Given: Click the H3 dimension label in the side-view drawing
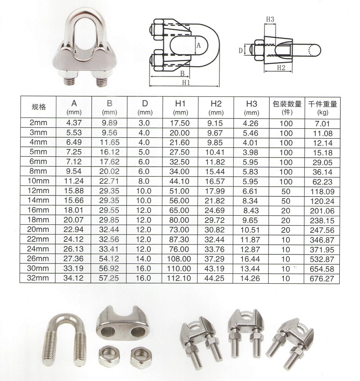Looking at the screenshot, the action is (x=270, y=19).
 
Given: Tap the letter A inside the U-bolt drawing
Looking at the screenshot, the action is (x=198, y=45).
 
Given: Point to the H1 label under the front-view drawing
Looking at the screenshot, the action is (x=186, y=82).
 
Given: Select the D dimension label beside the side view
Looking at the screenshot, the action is (x=241, y=50).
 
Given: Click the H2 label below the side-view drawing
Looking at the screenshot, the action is (x=281, y=68).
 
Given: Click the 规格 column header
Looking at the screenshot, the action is (x=39, y=107).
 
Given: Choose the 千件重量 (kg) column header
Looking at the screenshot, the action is (x=322, y=108).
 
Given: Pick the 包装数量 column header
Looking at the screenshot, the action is (x=287, y=104).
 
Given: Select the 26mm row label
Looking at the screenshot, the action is (x=38, y=259).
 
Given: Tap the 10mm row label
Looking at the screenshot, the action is (x=38, y=181).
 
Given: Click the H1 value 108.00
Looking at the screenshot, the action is (x=179, y=259).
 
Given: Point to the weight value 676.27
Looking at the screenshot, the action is (x=322, y=279).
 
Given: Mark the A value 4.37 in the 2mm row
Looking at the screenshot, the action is (x=74, y=122).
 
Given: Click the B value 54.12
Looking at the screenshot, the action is (x=109, y=259).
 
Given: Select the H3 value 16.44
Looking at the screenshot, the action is (x=250, y=259).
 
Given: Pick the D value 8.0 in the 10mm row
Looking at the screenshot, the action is (x=144, y=181).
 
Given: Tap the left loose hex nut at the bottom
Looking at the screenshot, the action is (x=109, y=356).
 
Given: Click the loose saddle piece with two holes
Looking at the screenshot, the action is (x=122, y=323).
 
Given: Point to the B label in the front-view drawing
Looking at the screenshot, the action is (x=183, y=73).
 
